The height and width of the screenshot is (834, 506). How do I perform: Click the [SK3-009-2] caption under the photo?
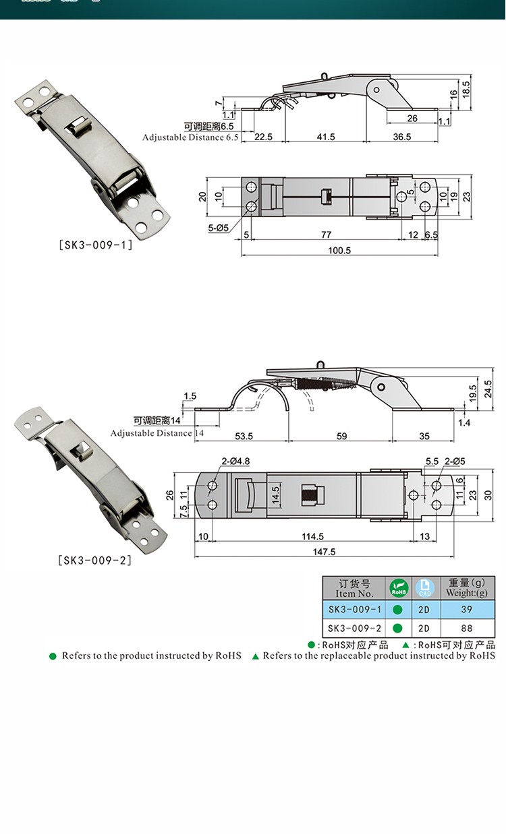pyautogui.click(x=95, y=560)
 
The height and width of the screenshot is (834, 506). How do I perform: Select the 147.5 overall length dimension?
pyautogui.click(x=324, y=552)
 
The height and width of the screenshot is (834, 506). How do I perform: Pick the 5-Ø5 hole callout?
pyautogui.click(x=220, y=228)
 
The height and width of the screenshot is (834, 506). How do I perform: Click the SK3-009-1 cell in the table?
pyautogui.click(x=355, y=610)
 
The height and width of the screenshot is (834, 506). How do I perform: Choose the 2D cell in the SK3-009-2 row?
pyautogui.click(x=424, y=629)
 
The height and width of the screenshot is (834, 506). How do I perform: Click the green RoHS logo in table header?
pyautogui.click(x=398, y=587)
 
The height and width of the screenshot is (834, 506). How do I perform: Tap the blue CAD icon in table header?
pyautogui.click(x=424, y=587)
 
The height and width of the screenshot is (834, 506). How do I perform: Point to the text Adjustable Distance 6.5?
pyautogui.click(x=190, y=137)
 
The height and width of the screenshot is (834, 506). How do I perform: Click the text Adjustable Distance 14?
pyautogui.click(x=157, y=433)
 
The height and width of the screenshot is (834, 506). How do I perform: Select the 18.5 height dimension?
pyautogui.click(x=466, y=88)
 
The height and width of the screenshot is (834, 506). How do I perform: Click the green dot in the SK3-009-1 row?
pyautogui.click(x=398, y=610)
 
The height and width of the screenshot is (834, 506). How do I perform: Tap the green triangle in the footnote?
pyautogui.click(x=255, y=656)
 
